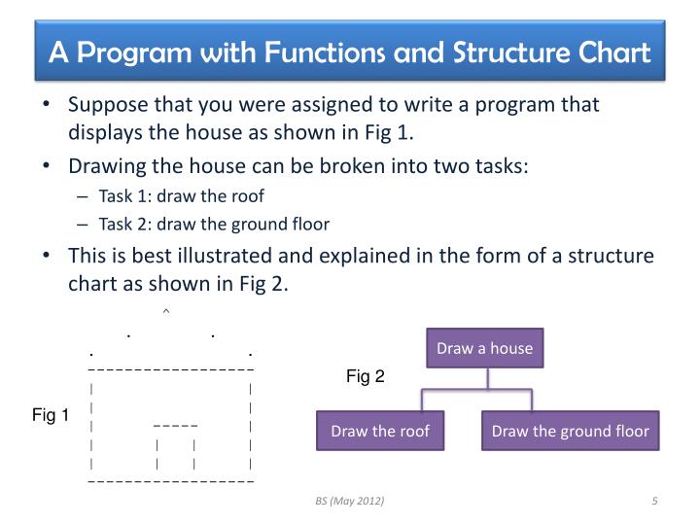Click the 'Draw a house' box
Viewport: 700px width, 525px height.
tap(484, 348)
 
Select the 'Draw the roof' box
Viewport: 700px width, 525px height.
tap(380, 431)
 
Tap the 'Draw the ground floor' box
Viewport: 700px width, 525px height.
tap(570, 431)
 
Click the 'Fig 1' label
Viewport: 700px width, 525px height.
tap(51, 416)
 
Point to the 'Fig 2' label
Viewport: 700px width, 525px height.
tap(366, 377)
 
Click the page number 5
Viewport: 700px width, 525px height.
tap(655, 501)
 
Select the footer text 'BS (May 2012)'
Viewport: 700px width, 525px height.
tap(349, 501)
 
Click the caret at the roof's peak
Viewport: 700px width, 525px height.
tap(166, 312)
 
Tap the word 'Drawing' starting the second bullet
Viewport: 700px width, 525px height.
tap(106, 165)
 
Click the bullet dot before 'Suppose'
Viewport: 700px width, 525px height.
tap(48, 105)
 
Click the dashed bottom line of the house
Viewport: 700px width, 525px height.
tap(170, 481)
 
